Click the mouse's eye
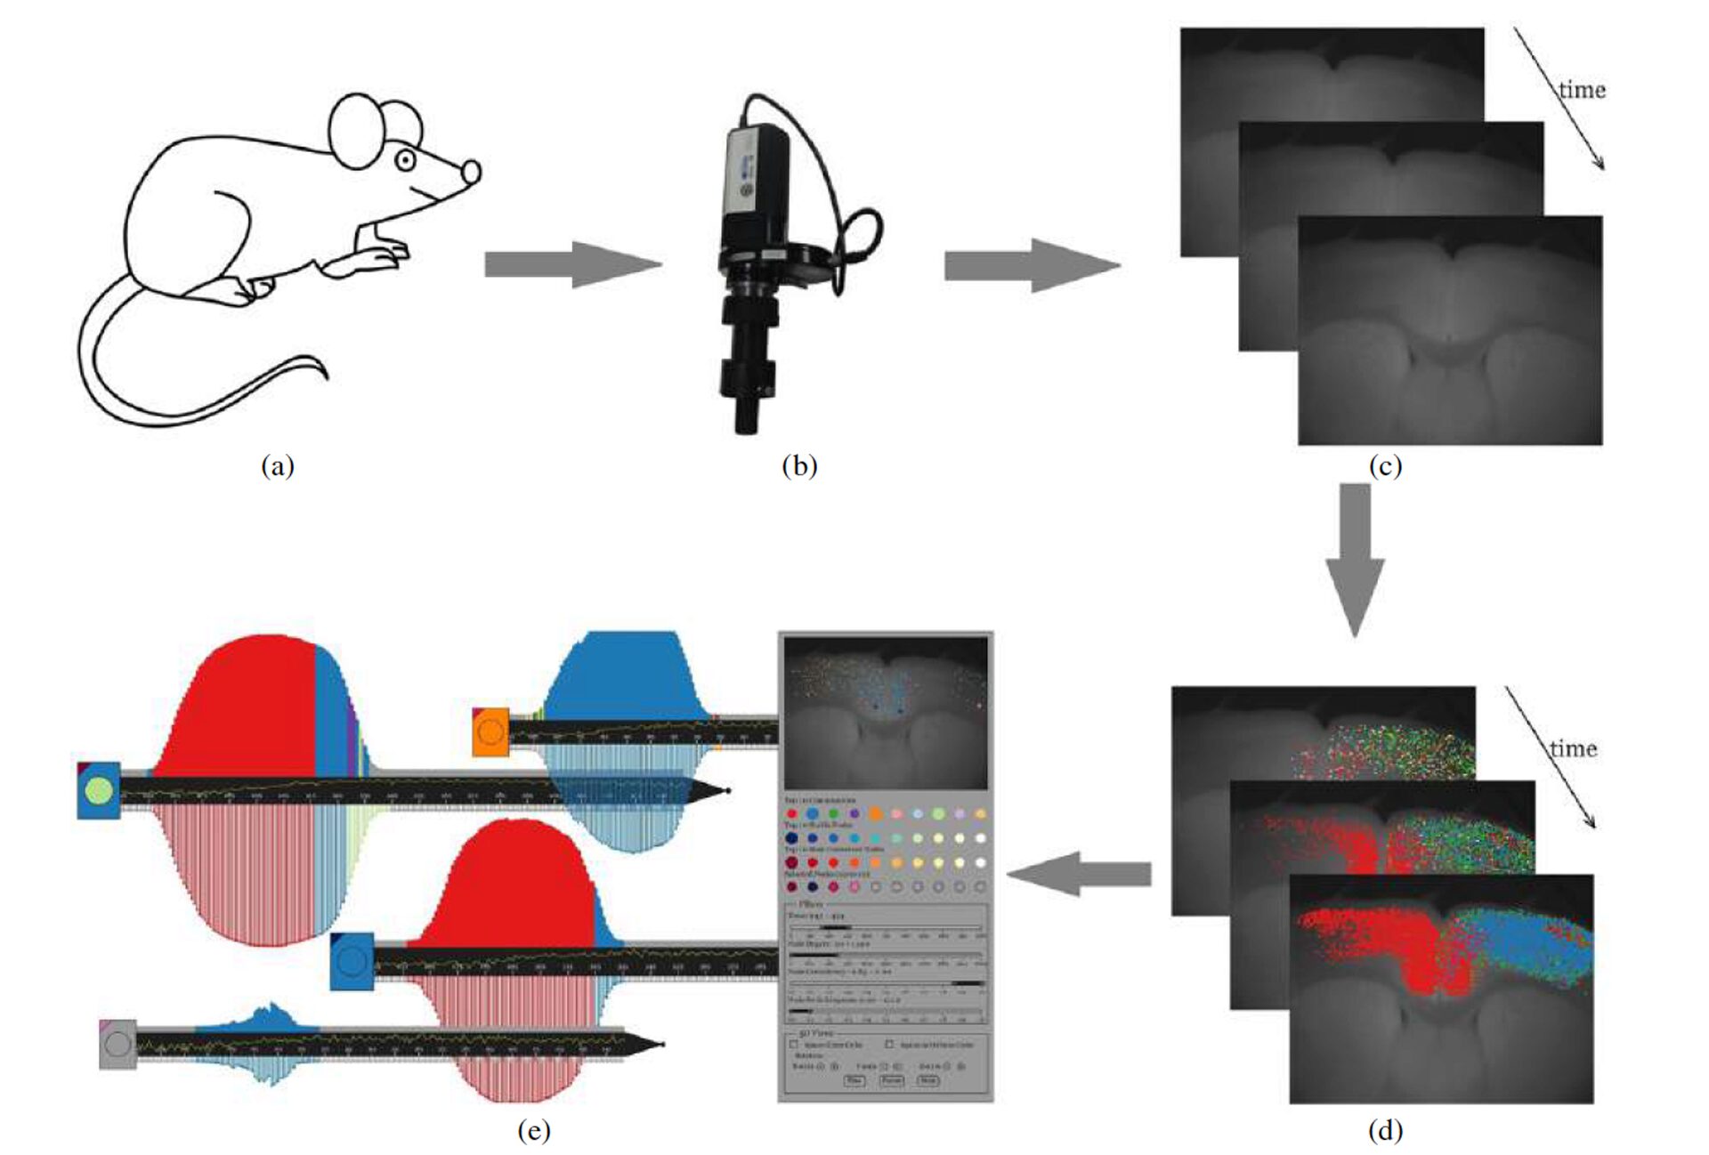pos(405,161)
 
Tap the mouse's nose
pos(471,172)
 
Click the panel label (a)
pos(277,465)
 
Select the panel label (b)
pos(798,465)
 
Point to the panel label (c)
pos(1385,465)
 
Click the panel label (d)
pos(1385,1130)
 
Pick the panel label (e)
pos(533,1130)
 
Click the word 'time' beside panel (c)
pos(1582,90)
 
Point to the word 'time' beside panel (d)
pos(1573,748)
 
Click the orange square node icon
pos(490,731)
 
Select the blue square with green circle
pos(99,790)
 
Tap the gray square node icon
pos(117,1044)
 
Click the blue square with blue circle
pos(352,961)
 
